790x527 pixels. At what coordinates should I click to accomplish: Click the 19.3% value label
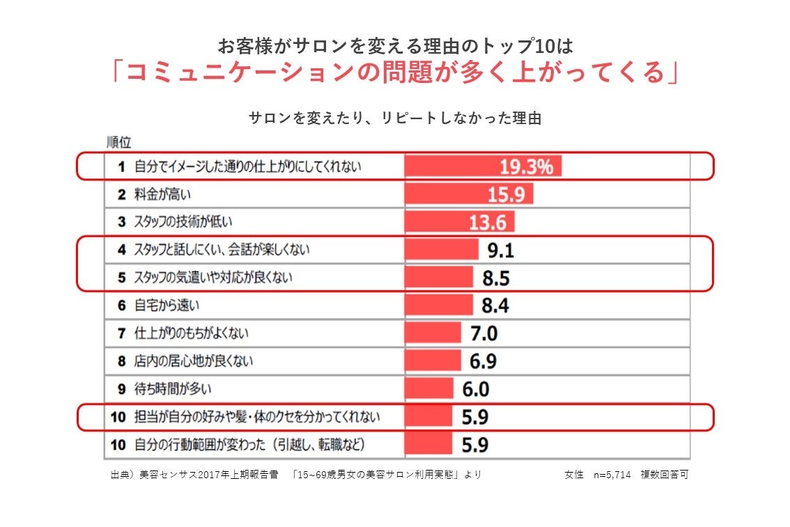527,167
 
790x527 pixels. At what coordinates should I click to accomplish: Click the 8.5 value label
496,278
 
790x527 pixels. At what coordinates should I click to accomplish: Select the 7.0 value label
484,333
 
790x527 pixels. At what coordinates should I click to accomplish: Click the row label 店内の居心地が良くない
193,361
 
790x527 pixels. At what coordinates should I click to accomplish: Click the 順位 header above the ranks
119,142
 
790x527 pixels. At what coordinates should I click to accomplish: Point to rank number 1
121,167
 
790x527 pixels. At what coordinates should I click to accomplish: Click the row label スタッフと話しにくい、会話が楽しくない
222,250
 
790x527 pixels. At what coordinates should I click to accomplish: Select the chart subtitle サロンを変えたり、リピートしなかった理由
395,118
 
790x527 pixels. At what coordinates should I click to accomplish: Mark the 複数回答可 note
665,475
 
